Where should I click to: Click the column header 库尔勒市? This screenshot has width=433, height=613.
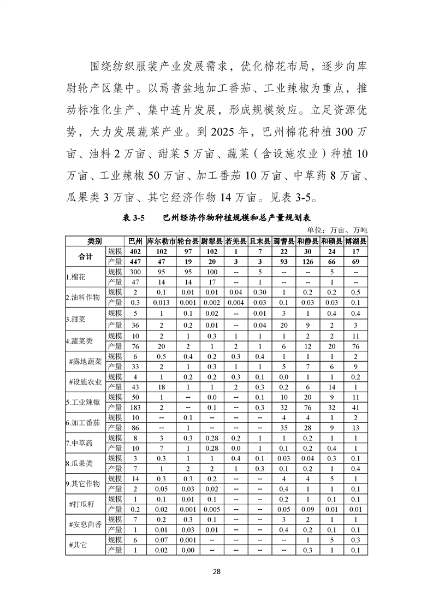tap(161, 241)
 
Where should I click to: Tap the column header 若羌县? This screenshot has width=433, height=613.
tap(235, 241)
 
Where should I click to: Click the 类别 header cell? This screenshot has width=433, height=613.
tap(95, 241)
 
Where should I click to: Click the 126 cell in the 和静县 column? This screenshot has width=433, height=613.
tap(307, 262)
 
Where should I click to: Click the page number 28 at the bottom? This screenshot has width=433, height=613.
tap(216, 572)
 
